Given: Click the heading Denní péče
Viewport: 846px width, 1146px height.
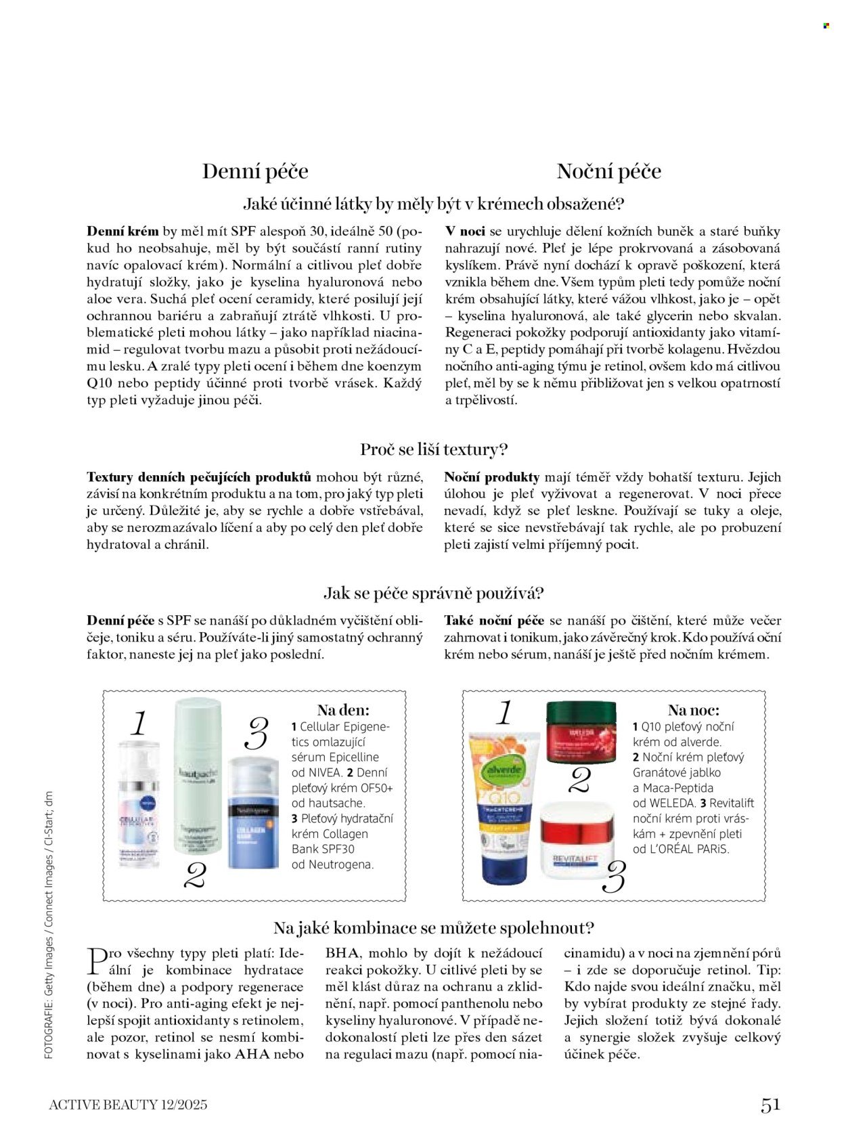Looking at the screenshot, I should click(255, 171).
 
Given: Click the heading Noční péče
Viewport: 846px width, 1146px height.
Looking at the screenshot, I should click(608, 171).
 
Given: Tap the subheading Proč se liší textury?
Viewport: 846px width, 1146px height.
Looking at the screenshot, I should click(434, 449).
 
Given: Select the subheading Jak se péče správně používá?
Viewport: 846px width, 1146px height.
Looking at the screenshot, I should click(434, 594).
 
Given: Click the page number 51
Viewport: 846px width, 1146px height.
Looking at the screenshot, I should click(770, 1105).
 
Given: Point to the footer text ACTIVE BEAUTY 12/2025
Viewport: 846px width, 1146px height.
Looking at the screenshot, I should click(128, 1105).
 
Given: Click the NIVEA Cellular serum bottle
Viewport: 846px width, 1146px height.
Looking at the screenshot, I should click(139, 806).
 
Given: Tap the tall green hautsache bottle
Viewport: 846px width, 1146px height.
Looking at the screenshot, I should click(198, 775).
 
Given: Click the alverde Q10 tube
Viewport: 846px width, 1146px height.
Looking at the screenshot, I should click(504, 806).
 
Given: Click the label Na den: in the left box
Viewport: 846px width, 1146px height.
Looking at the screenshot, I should click(343, 710).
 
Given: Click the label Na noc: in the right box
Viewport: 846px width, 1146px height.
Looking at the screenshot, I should click(693, 710).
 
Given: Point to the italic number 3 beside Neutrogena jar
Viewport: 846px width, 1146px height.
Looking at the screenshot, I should click(257, 734).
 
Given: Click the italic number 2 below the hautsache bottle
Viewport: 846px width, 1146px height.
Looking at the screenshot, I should click(195, 876).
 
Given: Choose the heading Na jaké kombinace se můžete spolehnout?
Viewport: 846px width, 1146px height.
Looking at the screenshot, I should click(434, 927).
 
